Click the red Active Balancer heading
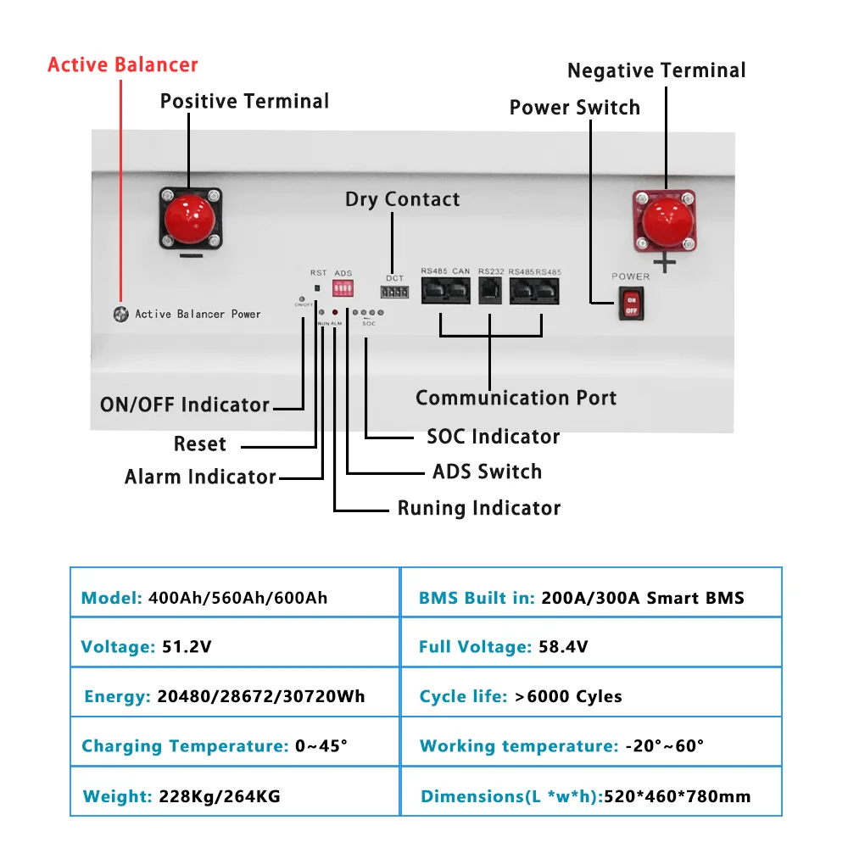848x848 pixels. click(x=123, y=65)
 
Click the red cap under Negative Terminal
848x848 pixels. click(x=664, y=219)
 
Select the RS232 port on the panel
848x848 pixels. click(x=491, y=292)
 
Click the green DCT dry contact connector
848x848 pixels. click(x=394, y=293)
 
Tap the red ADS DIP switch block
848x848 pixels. click(x=343, y=290)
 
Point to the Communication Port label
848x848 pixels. click(x=516, y=398)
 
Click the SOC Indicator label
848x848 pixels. click(x=493, y=437)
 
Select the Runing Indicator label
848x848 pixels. click(x=479, y=508)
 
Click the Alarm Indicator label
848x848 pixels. click(x=200, y=477)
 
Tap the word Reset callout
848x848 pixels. click(x=200, y=444)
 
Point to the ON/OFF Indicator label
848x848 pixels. click(x=185, y=404)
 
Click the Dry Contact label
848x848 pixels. click(x=403, y=199)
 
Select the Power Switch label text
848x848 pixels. click(x=574, y=108)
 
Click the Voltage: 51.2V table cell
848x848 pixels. click(x=234, y=647)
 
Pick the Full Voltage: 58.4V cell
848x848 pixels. click(x=591, y=647)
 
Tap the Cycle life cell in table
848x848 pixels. click(x=591, y=696)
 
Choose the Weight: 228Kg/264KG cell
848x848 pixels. click(x=234, y=796)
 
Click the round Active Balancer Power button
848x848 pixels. click(x=121, y=314)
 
